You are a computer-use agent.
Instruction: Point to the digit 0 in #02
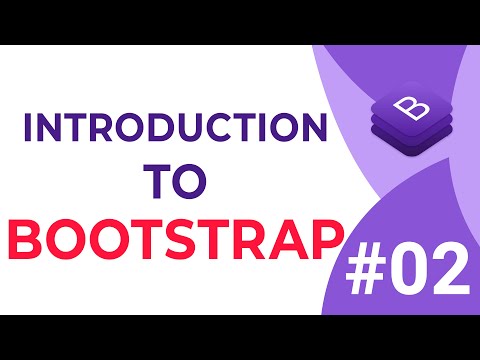click(410, 271)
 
